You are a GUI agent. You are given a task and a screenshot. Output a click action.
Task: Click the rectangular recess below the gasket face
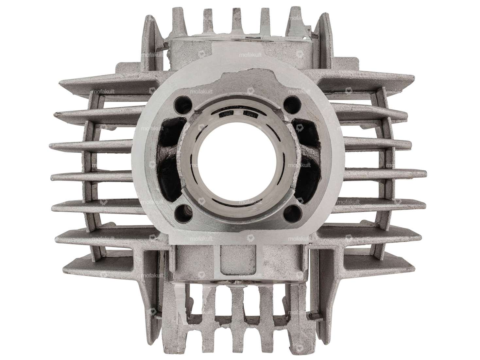pyautogui.click(x=239, y=260)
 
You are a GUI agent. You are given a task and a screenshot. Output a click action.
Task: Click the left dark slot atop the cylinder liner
pyautogui.click(x=226, y=114)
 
